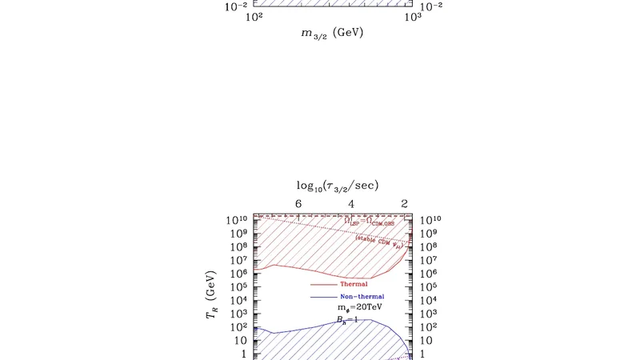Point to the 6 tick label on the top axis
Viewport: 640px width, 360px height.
tap(298, 204)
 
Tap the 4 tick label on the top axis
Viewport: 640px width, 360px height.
tap(352, 204)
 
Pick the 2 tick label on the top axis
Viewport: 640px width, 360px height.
tap(406, 204)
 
